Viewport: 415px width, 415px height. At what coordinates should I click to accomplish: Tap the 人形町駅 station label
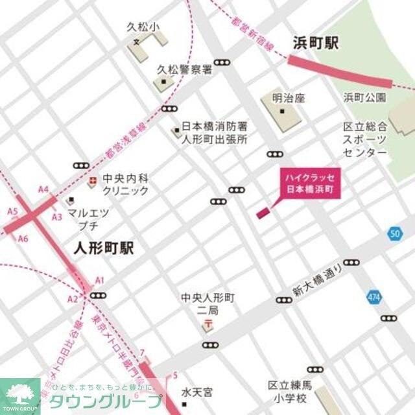(x=104, y=248)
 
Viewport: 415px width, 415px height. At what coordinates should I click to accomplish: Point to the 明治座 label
(x=289, y=99)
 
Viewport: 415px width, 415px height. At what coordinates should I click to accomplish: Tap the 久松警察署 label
(x=185, y=69)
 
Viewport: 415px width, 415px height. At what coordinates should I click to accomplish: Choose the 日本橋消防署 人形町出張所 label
(x=214, y=133)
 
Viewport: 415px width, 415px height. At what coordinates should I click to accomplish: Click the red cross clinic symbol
(x=93, y=181)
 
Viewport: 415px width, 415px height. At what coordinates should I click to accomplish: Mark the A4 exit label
(x=43, y=189)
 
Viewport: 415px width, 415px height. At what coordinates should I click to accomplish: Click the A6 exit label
(x=23, y=239)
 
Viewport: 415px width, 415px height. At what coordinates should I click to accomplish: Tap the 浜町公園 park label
(x=364, y=98)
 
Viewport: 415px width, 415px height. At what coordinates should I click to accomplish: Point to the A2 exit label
(x=72, y=298)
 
